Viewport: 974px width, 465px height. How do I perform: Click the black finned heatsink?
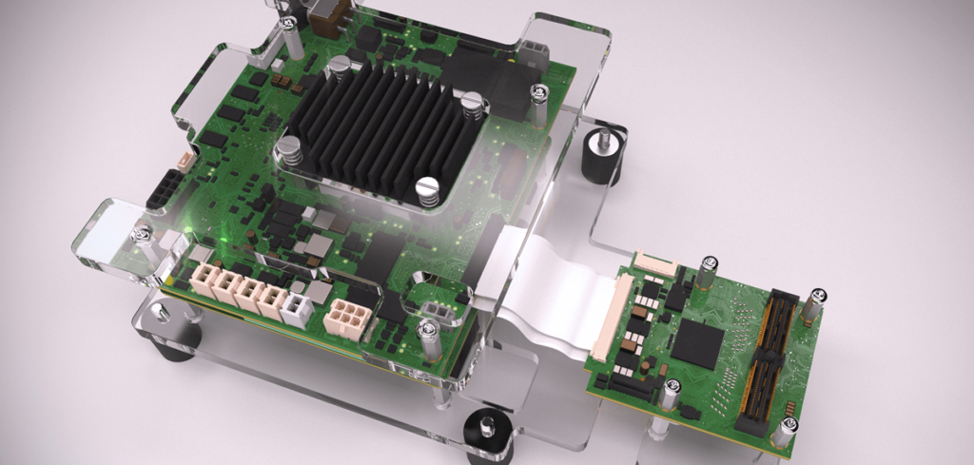point(380,128)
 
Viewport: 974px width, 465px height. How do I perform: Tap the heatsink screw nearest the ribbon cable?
point(428,187)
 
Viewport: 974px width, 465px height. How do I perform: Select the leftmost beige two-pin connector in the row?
point(205,281)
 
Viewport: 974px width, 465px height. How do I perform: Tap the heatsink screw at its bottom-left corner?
point(288,147)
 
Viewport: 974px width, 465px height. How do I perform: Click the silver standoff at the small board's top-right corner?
point(815,301)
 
